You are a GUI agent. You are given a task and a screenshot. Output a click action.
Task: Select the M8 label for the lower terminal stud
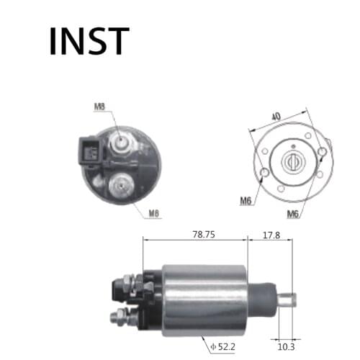(154, 214)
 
